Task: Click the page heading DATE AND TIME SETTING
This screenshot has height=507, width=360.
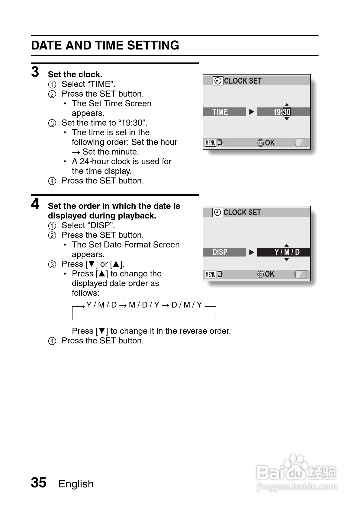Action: pyautogui.click(x=105, y=46)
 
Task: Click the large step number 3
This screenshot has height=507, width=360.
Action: pyautogui.click(x=35, y=72)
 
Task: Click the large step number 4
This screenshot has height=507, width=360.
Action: pyautogui.click(x=35, y=204)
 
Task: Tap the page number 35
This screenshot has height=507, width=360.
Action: pyautogui.click(x=39, y=483)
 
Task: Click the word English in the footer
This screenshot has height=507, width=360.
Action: pyautogui.click(x=76, y=484)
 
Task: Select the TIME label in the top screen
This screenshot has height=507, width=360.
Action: pyautogui.click(x=220, y=112)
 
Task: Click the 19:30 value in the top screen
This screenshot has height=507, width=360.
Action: pyautogui.click(x=282, y=112)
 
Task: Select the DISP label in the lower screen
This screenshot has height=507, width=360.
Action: pyautogui.click(x=220, y=252)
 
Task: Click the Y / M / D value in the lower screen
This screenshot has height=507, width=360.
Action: pyautogui.click(x=287, y=252)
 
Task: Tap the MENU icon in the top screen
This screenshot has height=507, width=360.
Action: pyautogui.click(x=211, y=143)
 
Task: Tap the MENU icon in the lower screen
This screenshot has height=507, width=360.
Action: pyautogui.click(x=211, y=274)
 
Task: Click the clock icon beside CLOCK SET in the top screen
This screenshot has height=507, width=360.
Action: pyautogui.click(x=218, y=81)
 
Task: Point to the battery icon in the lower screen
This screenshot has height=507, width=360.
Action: pyautogui.click(x=301, y=274)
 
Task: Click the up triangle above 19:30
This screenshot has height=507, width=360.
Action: pyautogui.click(x=287, y=105)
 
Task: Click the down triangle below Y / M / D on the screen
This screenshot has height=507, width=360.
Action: pyautogui.click(x=287, y=260)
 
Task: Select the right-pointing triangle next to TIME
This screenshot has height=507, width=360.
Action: pyautogui.click(x=252, y=112)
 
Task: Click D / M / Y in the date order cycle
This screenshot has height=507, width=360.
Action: pyautogui.click(x=187, y=305)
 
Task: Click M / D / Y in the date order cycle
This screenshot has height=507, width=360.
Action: pyautogui.click(x=144, y=305)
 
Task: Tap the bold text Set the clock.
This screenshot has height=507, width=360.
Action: pyautogui.click(x=75, y=75)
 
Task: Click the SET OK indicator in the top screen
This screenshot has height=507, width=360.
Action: pyautogui.click(x=266, y=143)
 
